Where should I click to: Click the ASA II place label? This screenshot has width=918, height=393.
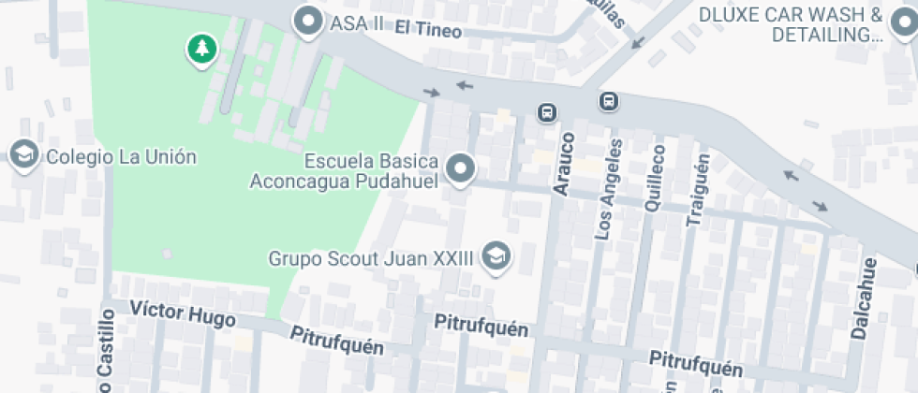point(357,23)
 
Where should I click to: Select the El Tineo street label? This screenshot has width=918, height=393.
point(428,29)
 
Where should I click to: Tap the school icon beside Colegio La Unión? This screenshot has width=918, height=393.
point(22,155)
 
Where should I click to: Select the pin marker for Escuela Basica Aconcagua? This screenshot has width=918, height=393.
point(460,169)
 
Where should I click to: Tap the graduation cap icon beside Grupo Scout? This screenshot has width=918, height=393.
point(496,256)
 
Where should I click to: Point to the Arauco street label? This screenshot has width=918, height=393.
point(563,165)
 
